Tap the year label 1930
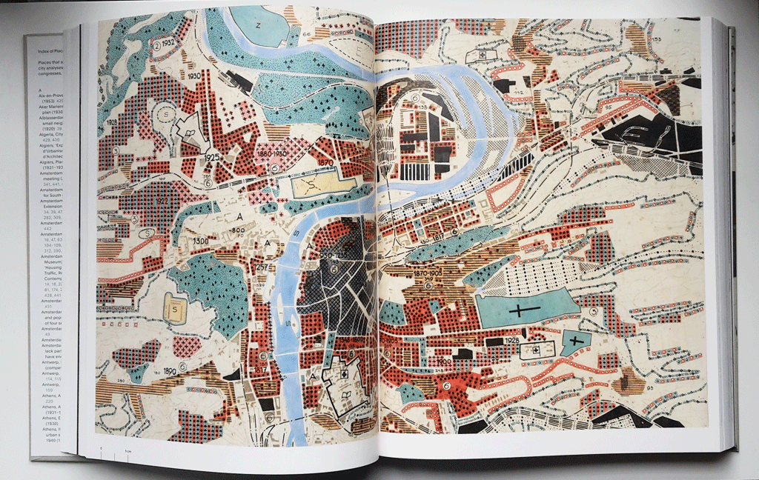pyautogui.click(x=196, y=76)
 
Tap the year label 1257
pyautogui.click(x=260, y=267)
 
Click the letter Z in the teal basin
pyautogui.click(x=259, y=24)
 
